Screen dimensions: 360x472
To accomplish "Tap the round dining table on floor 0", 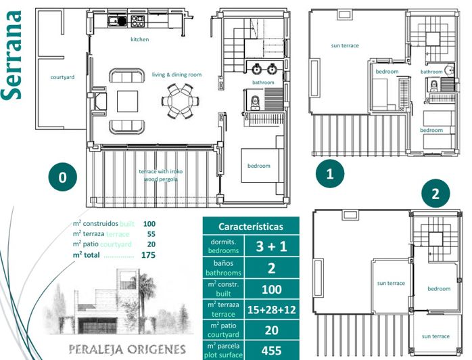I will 181,101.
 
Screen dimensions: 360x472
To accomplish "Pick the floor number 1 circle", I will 330,174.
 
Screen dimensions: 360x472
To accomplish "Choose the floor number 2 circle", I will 435,194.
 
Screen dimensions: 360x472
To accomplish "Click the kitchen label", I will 140,39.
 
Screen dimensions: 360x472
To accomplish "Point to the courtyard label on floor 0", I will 62,77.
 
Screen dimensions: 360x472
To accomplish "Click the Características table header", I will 250,227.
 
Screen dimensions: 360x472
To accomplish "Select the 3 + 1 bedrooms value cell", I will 271,246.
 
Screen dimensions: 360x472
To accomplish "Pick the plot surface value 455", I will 271,351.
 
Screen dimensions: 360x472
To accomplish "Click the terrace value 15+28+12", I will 271,309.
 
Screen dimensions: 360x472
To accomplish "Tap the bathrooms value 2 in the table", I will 271,268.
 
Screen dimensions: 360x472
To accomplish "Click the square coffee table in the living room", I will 127,101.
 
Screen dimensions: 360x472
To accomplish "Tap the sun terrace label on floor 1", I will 345,46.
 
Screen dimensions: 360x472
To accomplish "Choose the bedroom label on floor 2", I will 439,289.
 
